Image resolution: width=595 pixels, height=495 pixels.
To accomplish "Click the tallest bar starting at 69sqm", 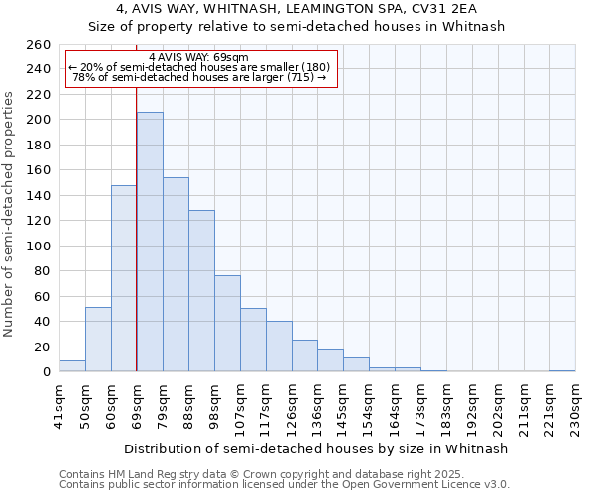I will pyautogui.click(x=150, y=242).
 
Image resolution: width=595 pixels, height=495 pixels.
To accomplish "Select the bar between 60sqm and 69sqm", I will pyautogui.click(x=124, y=278).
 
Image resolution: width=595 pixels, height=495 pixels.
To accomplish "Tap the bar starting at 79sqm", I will pyautogui.click(x=176, y=274).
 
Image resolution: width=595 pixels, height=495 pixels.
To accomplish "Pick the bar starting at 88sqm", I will pyautogui.click(x=201, y=291).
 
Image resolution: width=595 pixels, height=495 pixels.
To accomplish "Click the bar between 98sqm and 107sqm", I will pyautogui.click(x=227, y=324).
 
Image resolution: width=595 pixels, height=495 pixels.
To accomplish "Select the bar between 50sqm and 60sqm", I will pyautogui.click(x=98, y=340).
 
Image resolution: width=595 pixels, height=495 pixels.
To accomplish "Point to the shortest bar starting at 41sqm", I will pyautogui.click(x=72, y=366).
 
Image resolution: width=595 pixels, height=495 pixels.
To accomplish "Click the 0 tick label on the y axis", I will pyautogui.click(x=46, y=372).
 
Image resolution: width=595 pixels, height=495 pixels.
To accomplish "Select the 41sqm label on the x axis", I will pyautogui.click(x=60, y=404).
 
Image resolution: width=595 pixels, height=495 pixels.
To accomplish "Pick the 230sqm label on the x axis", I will pyautogui.click(x=575, y=406).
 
